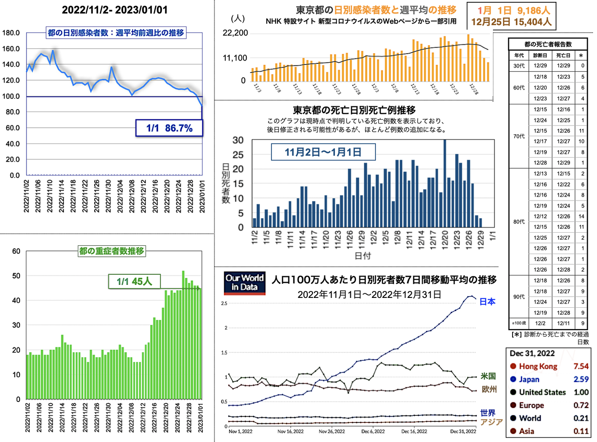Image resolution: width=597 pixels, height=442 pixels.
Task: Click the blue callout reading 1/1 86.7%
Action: [170, 128]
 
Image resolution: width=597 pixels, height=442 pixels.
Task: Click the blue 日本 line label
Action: [488, 302]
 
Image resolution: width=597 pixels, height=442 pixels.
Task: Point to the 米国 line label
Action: [488, 376]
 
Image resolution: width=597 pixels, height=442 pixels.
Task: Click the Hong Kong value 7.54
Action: [581, 366]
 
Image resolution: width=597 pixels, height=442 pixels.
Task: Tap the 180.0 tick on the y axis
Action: [11, 33]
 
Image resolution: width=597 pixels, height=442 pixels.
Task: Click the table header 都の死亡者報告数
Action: [547, 44]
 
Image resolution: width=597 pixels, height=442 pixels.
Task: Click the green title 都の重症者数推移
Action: [112, 251]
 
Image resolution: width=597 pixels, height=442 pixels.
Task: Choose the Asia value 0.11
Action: [581, 431]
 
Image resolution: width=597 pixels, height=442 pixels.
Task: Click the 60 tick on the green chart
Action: [16, 251]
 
